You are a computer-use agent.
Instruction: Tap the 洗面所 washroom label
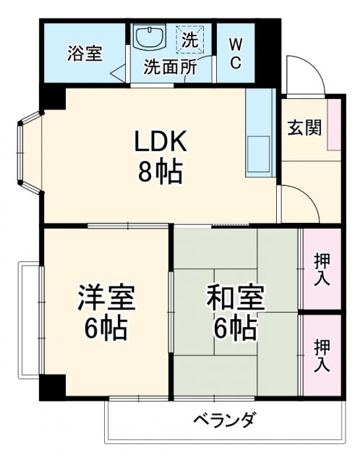point(171,67)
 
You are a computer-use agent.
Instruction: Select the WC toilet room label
point(236,54)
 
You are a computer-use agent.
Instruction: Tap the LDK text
point(160,142)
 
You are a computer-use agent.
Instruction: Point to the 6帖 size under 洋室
point(106,329)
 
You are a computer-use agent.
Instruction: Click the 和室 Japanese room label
point(236,297)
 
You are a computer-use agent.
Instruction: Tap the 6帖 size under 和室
point(235,328)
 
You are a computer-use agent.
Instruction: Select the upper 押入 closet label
point(321,269)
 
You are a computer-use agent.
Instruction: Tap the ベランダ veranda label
point(224,420)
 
